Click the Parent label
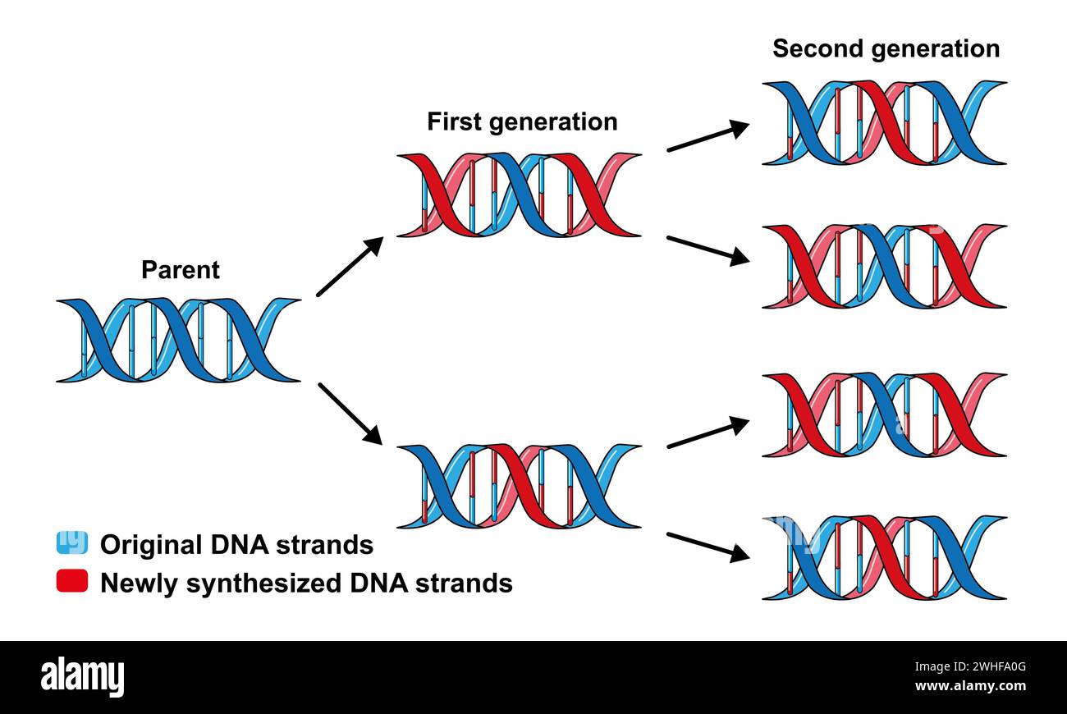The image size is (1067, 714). (181, 270)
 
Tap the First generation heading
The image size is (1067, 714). (522, 122)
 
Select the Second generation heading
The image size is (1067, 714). (886, 48)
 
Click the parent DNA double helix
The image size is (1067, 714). (178, 341)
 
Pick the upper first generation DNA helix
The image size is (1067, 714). (518, 195)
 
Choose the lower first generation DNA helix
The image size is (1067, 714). (518, 487)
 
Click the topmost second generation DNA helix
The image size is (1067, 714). (884, 123)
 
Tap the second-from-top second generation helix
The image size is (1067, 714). (884, 266)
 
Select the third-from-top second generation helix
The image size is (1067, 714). (884, 414)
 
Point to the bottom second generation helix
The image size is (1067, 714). (884, 558)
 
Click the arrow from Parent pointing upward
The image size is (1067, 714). (350, 266)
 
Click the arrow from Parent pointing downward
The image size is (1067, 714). (350, 414)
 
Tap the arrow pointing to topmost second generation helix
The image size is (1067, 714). (708, 137)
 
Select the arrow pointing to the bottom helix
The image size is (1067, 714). (708, 547)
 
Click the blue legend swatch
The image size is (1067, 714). (71, 543)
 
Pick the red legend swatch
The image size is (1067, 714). (71, 582)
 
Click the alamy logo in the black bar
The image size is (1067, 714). (82, 677)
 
